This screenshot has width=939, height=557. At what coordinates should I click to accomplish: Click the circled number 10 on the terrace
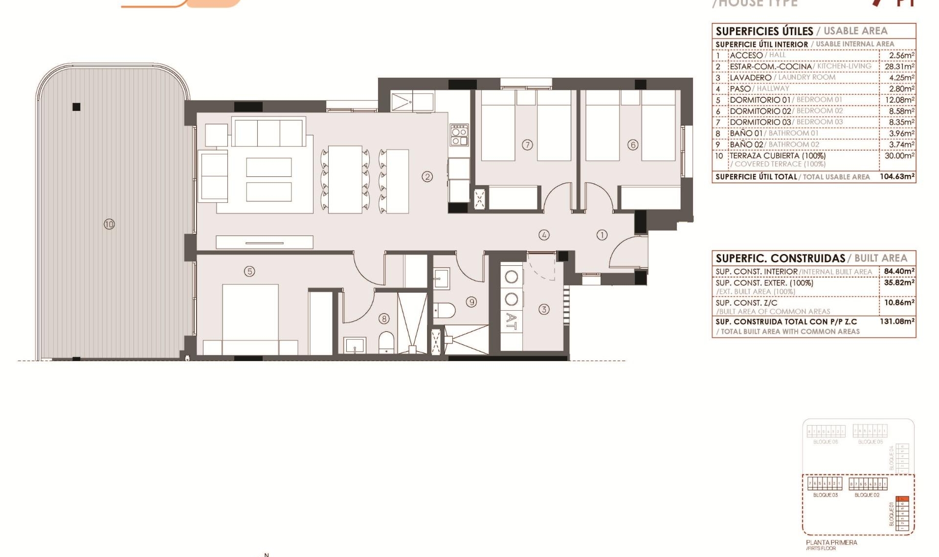tap(109, 224)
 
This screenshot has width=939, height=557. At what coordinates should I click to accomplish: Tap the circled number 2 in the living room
tap(427, 176)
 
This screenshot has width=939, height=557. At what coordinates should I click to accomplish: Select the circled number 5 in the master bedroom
tap(249, 271)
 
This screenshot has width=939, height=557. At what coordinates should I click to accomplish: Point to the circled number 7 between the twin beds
tap(527, 145)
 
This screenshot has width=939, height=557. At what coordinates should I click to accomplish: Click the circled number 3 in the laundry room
tap(544, 309)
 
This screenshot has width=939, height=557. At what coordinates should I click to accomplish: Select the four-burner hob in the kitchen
tap(459, 135)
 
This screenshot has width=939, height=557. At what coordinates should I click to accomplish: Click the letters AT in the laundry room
tap(511, 321)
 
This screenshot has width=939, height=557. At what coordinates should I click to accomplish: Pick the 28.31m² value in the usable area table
tap(899, 66)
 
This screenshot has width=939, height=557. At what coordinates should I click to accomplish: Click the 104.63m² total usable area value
tap(897, 176)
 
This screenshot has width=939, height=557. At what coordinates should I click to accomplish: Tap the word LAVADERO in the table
tap(750, 78)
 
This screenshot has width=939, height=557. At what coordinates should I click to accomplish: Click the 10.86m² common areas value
tap(899, 302)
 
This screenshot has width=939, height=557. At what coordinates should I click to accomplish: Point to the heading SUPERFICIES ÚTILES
tap(764, 31)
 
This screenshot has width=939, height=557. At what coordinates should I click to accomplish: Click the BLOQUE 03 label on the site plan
tap(826, 495)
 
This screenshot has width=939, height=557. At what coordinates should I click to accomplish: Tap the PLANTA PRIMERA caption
tap(831, 542)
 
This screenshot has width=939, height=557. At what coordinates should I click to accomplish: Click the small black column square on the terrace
tap(76, 107)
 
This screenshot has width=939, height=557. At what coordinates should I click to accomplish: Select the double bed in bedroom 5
tap(250, 315)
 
